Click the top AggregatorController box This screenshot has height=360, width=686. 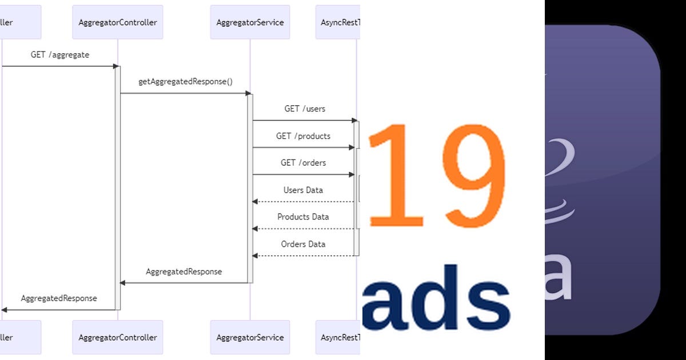118,22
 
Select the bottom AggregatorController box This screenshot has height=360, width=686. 118,337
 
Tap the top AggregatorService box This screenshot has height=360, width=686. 250,22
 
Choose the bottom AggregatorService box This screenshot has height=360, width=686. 250,337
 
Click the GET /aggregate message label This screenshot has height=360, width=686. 60,55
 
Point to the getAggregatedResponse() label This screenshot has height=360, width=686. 186,82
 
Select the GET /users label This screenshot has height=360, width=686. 305,109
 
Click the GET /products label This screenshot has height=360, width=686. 303,136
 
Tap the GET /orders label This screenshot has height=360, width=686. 303,163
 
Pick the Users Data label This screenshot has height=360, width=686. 303,190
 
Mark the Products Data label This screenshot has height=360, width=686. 303,217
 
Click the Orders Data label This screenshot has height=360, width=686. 303,244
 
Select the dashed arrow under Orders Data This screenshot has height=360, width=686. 306,255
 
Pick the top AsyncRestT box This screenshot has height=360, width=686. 338,22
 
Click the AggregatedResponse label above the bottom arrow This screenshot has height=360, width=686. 59,298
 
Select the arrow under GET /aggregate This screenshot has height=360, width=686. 60,66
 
